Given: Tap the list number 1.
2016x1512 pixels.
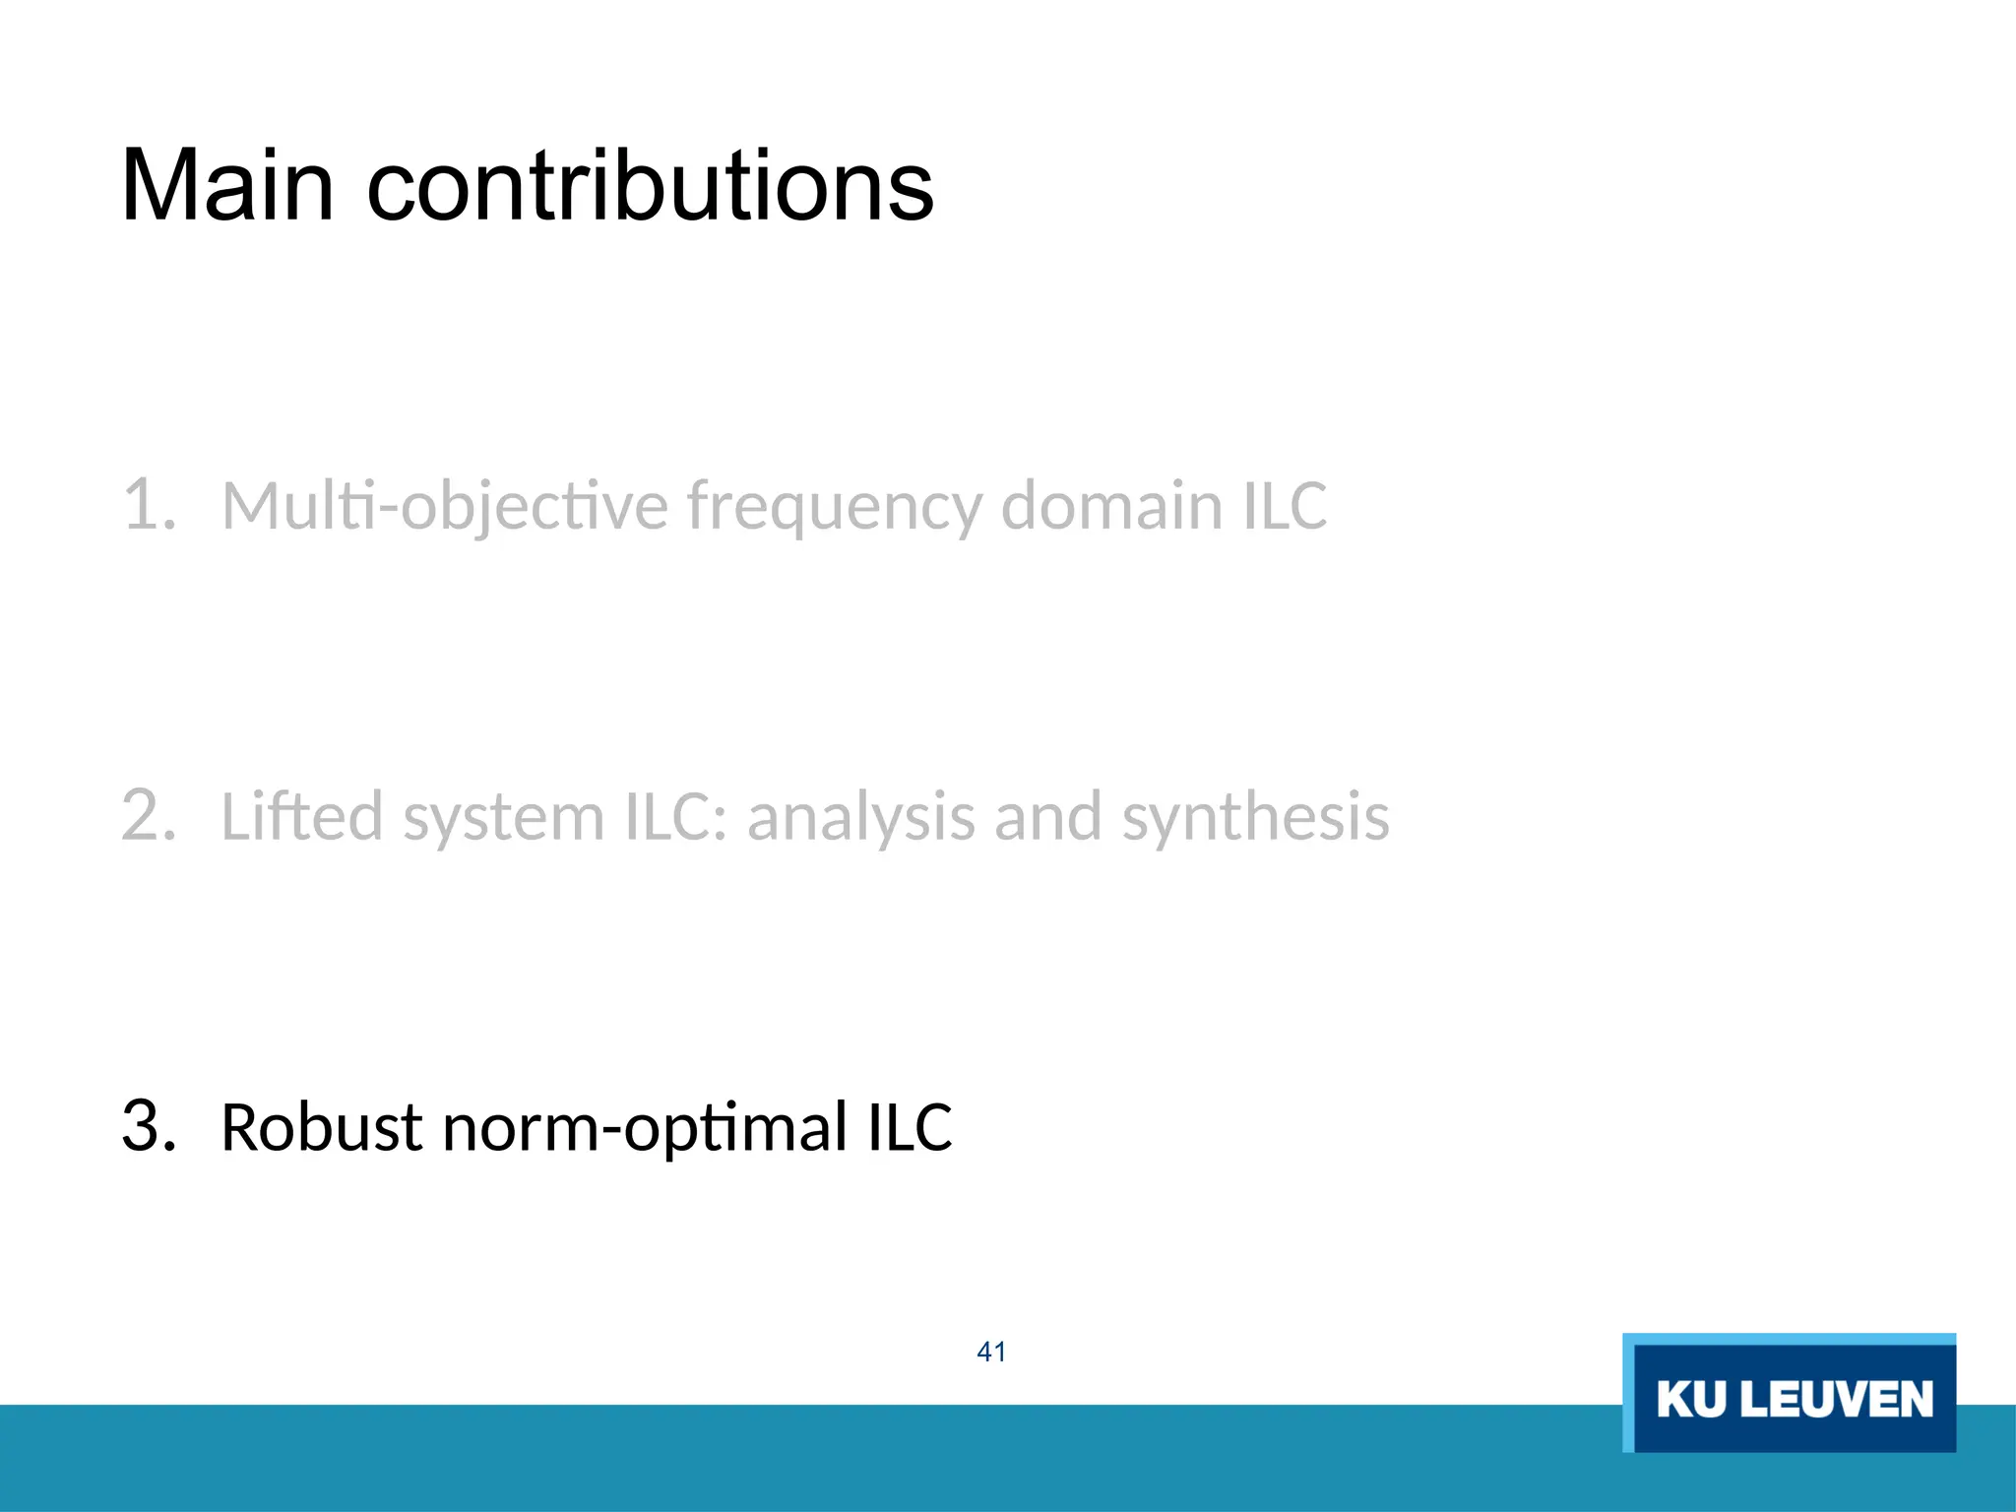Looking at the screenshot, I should (148, 505).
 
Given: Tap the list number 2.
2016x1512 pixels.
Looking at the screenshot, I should (148, 816).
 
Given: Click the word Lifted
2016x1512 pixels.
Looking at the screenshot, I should (302, 816).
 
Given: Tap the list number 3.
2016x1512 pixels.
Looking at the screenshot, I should (148, 1126).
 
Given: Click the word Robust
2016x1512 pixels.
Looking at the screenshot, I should (322, 1127).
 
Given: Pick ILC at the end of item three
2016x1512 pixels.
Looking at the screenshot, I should (910, 1127).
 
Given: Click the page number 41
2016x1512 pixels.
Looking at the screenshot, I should (991, 1352).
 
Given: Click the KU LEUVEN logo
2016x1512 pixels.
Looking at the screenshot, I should (1789, 1393).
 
